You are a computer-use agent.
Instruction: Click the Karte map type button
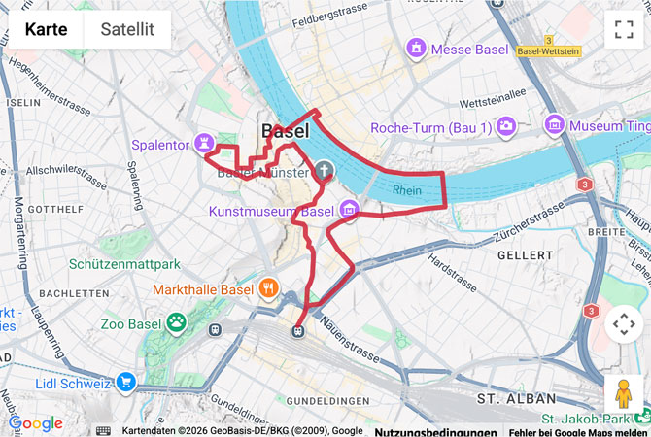click(x=46, y=29)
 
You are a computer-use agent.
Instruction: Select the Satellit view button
click(x=126, y=29)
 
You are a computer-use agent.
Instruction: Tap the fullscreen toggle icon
click(x=623, y=29)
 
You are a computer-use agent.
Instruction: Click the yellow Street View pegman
click(x=623, y=394)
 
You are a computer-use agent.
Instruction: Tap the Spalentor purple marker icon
click(x=204, y=144)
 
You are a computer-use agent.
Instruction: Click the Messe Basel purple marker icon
click(x=418, y=48)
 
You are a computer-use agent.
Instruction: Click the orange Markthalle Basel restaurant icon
click(x=268, y=289)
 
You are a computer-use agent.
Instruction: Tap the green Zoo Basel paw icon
click(x=176, y=322)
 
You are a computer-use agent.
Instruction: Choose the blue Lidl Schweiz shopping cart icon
click(x=125, y=383)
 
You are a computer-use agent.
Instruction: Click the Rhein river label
click(x=407, y=191)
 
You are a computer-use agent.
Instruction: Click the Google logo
click(x=35, y=423)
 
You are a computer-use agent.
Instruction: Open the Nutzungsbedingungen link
click(x=435, y=431)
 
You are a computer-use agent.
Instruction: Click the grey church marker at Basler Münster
click(x=324, y=172)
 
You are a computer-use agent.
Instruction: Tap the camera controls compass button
click(x=623, y=323)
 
